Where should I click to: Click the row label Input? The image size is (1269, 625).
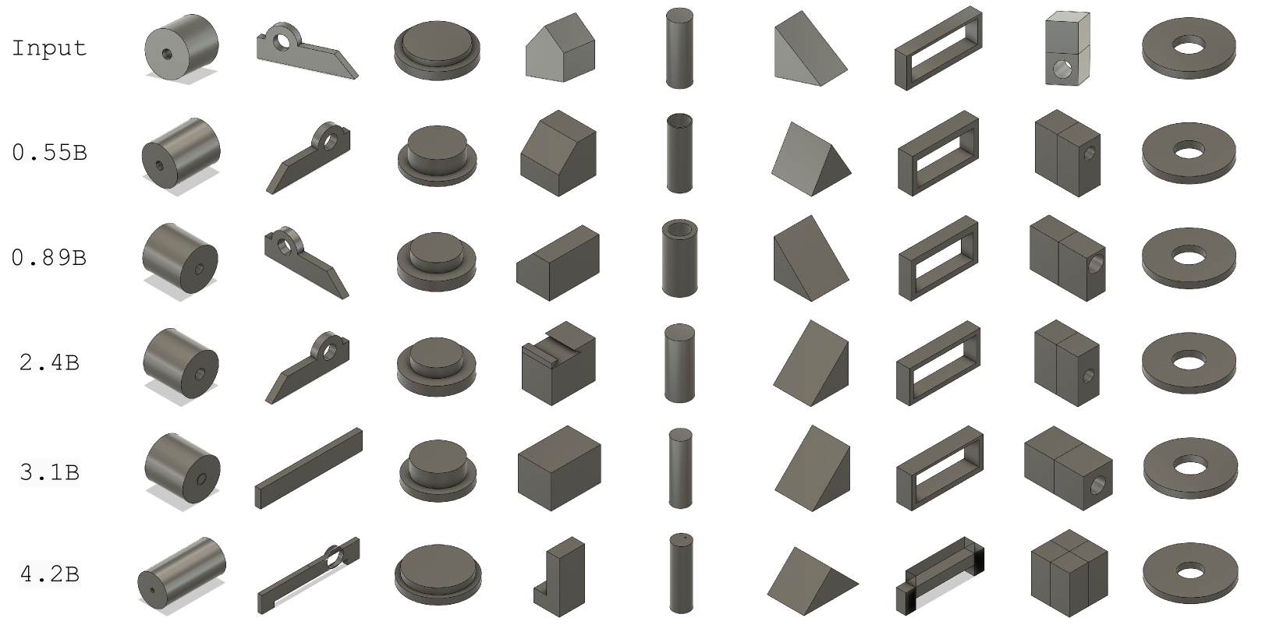click(x=49, y=48)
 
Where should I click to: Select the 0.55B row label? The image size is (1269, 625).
click(x=50, y=153)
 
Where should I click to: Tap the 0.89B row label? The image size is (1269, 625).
click(x=49, y=258)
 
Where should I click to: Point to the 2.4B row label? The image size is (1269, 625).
click(x=49, y=362)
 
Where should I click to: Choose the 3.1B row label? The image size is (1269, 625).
click(x=49, y=471)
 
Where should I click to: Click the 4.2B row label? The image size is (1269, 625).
click(x=49, y=574)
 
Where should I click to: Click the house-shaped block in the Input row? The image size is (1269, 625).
click(x=560, y=48)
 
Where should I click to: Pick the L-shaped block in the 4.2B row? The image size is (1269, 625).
click(x=560, y=577)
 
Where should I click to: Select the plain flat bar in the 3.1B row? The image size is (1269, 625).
click(x=309, y=468)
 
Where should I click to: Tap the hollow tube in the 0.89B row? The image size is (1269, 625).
click(x=679, y=258)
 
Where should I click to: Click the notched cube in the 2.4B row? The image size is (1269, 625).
click(x=558, y=363)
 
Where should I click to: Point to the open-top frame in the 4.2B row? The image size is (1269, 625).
click(x=940, y=575)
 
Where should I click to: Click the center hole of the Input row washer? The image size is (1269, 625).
click(x=1189, y=46)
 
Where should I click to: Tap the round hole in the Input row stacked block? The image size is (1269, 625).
click(x=1059, y=69)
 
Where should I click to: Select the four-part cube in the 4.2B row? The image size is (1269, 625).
click(x=1069, y=574)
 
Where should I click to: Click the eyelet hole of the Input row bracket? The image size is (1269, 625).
click(x=281, y=41)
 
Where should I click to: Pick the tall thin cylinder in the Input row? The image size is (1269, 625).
click(x=679, y=48)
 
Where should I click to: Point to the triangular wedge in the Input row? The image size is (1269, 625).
click(x=810, y=50)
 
